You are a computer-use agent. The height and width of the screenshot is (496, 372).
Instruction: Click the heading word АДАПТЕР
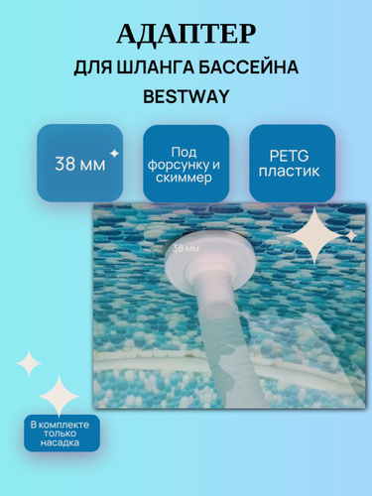point(186,34)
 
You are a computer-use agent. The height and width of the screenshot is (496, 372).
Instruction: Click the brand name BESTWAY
point(186,96)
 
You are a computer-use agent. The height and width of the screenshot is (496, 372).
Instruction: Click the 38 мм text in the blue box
point(80,164)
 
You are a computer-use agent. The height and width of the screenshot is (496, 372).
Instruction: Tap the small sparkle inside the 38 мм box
point(114,154)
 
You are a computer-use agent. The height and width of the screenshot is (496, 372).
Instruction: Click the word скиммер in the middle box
point(184,179)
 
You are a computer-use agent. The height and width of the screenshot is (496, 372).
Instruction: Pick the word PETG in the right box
point(289,156)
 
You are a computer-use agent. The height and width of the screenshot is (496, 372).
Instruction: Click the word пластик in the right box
point(290,172)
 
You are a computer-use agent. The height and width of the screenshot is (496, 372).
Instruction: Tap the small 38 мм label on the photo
point(186,248)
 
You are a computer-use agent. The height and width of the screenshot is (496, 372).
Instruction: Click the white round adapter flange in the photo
point(210,258)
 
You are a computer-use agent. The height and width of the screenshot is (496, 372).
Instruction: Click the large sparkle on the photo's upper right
point(314,236)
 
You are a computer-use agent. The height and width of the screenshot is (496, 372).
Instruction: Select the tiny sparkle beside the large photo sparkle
point(351,236)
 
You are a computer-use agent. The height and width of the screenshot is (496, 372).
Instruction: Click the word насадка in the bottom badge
point(60,442)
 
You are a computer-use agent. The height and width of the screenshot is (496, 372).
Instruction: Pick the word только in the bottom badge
point(60,434)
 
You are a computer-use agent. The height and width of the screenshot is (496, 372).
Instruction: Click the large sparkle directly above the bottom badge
point(60,396)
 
